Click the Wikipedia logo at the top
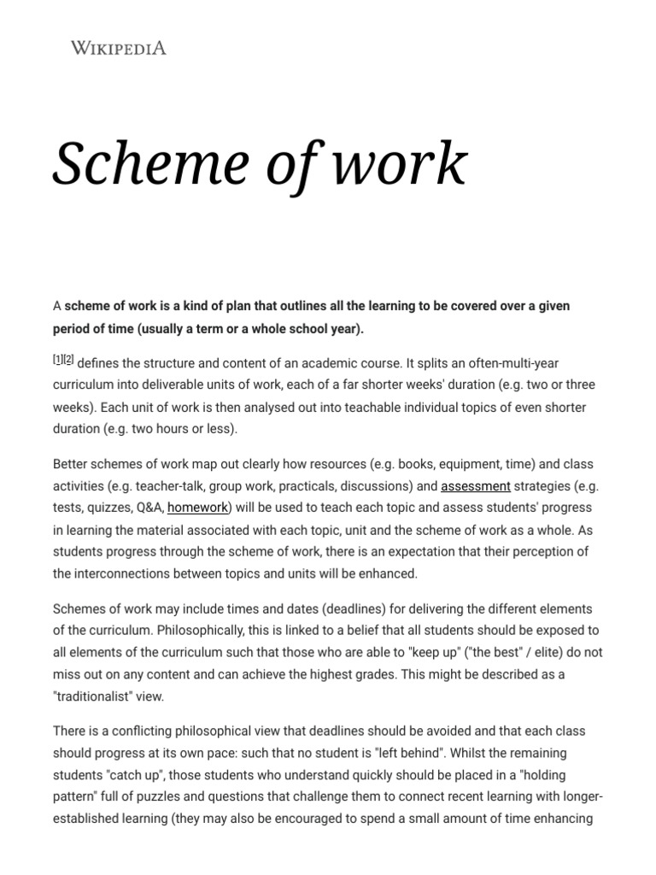[119, 48]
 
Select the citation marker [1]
[58, 361]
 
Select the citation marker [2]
[68, 361]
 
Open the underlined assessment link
[476, 486]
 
